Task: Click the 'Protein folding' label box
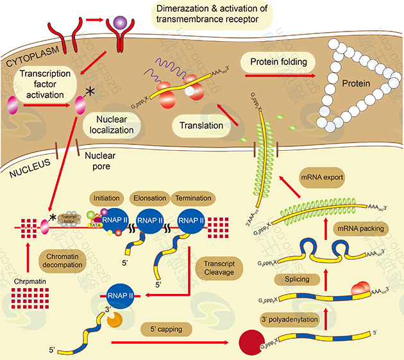[279, 62]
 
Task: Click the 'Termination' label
[192, 198]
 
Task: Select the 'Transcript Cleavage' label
[220, 268]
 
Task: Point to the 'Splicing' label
[292, 279]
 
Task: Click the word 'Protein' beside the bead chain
[355, 83]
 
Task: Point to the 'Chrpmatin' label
[29, 281]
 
